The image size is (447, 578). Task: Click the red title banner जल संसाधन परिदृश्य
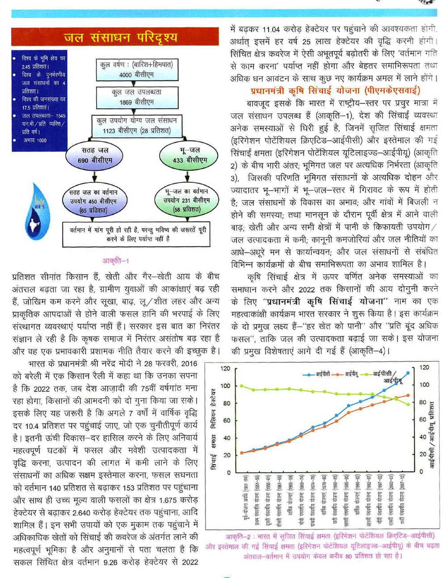pyautogui.click(x=115, y=37)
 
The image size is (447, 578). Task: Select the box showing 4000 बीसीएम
pyautogui.click(x=137, y=69)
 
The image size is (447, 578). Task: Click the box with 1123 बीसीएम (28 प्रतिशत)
pyautogui.click(x=137, y=126)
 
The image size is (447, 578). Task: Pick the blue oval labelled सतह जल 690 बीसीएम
pyautogui.click(x=95, y=155)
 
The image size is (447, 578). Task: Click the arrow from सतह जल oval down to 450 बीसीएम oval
pyautogui.click(x=94, y=176)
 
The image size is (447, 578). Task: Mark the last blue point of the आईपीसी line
pyautogui.click(x=408, y=373)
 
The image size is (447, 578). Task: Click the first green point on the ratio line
pyautogui.click(x=242, y=386)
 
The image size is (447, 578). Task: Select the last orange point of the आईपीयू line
pyautogui.click(x=408, y=395)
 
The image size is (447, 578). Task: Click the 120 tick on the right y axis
pyautogui.click(x=424, y=368)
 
